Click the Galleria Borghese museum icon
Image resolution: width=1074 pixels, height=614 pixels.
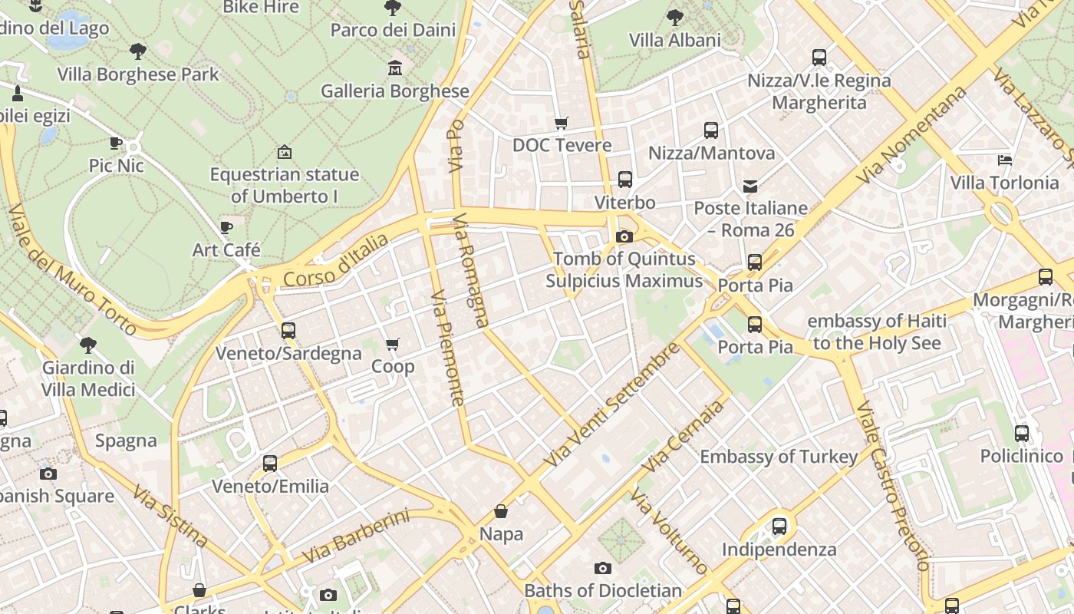click(395, 68)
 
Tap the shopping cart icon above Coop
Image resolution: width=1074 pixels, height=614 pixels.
click(393, 344)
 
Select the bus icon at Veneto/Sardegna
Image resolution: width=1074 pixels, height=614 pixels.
click(288, 331)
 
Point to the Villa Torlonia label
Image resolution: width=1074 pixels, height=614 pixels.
click(1004, 183)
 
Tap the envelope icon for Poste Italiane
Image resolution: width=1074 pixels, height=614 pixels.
click(749, 186)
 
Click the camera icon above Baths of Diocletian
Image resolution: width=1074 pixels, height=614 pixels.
click(603, 569)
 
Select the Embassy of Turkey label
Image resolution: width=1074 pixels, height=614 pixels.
click(779, 457)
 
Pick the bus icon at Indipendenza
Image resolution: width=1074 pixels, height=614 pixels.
click(779, 527)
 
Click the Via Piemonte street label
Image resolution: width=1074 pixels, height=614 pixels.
click(447, 347)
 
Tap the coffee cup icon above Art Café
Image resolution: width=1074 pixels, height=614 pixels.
click(226, 228)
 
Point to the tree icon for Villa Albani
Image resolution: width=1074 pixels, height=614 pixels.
click(675, 17)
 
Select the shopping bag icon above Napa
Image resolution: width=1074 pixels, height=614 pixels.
click(501, 511)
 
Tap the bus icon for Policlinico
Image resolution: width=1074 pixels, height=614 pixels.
click(1022, 433)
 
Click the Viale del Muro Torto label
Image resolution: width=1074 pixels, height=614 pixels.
click(73, 269)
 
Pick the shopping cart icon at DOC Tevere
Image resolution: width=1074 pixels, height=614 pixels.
click(562, 123)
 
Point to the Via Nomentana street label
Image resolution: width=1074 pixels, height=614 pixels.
click(912, 135)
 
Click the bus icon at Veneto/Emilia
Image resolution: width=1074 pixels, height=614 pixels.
click(270, 464)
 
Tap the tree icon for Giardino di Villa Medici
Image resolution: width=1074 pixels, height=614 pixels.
click(88, 345)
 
